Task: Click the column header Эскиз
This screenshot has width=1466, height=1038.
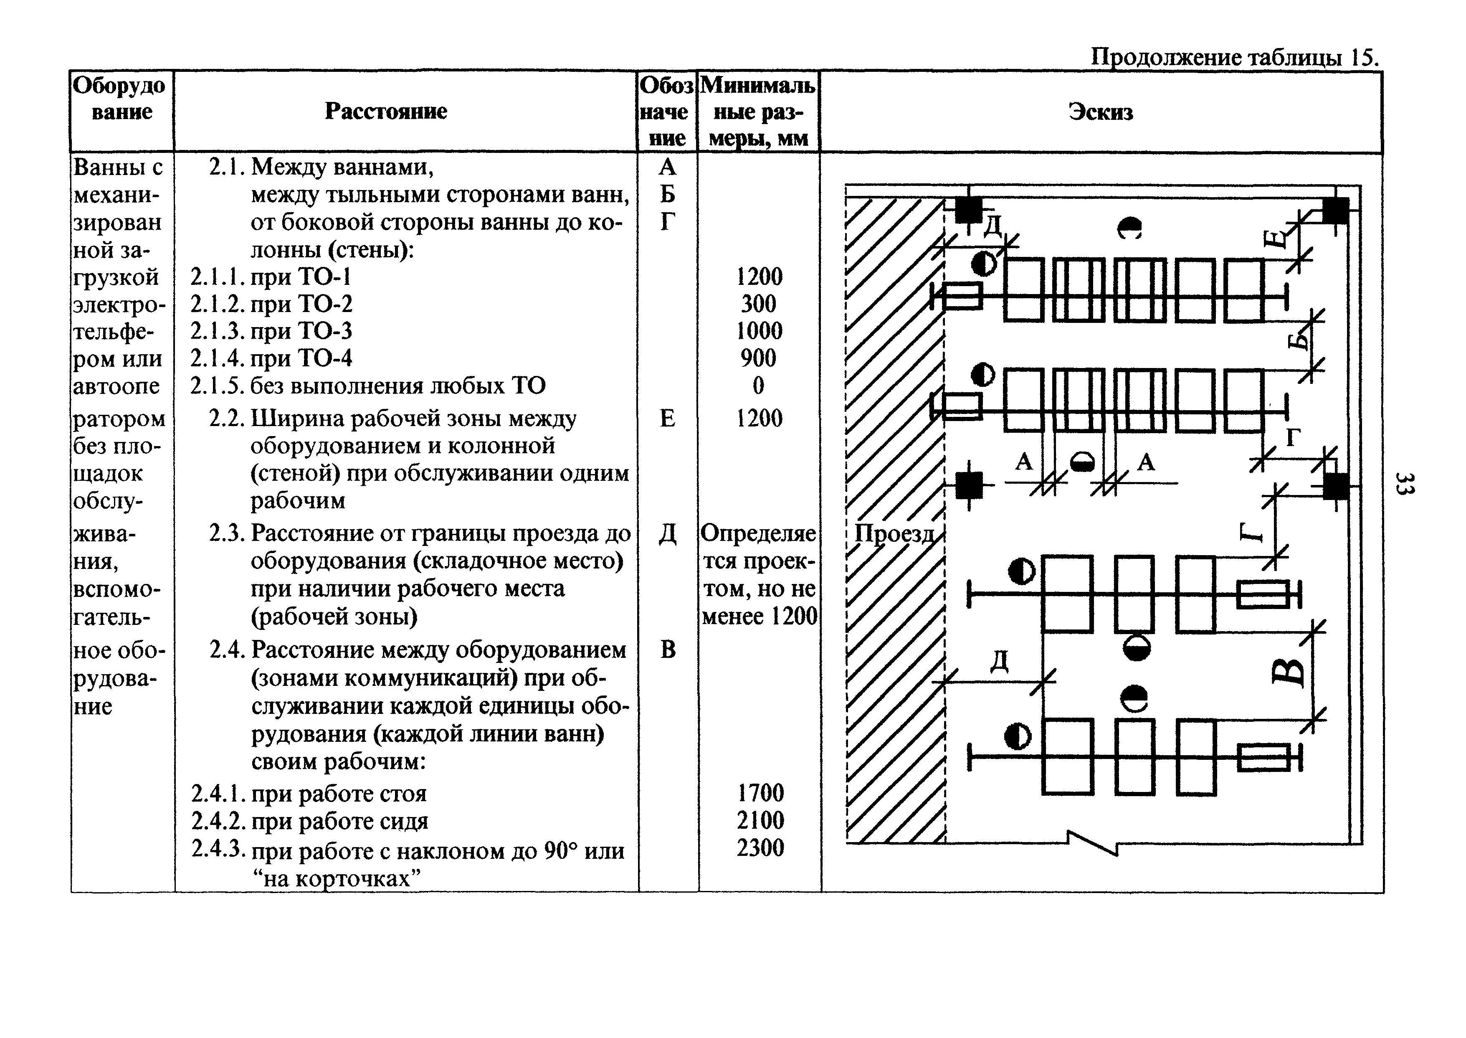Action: click(1101, 112)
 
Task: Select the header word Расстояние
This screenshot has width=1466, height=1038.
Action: click(386, 111)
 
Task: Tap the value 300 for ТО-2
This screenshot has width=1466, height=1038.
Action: click(758, 304)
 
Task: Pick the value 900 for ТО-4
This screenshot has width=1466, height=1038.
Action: click(758, 358)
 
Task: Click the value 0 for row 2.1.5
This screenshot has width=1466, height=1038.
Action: click(758, 386)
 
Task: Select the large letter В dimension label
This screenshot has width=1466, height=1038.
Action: click(1287, 671)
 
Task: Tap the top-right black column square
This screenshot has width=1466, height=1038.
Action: click(1335, 210)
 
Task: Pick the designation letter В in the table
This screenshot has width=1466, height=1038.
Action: click(668, 650)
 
